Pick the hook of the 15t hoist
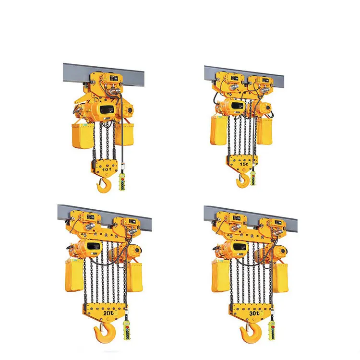click(242, 181)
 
